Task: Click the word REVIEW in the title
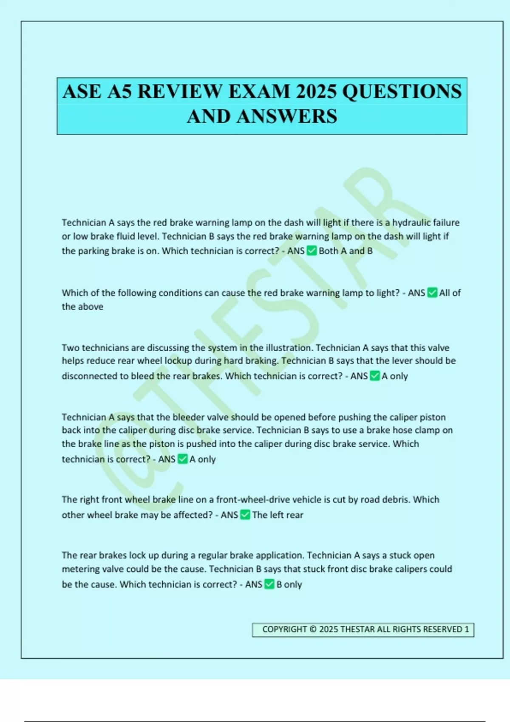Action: point(180,92)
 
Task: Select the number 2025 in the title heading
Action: point(315,92)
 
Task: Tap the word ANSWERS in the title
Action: point(287,116)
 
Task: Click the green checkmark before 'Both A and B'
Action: point(312,251)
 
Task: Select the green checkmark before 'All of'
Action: point(432,293)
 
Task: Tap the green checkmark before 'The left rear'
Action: point(245,515)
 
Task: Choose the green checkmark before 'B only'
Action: point(269,584)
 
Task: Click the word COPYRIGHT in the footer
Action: point(284,629)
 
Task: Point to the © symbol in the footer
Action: point(313,629)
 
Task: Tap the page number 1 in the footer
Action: point(467,629)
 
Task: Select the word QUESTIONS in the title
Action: point(402,92)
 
